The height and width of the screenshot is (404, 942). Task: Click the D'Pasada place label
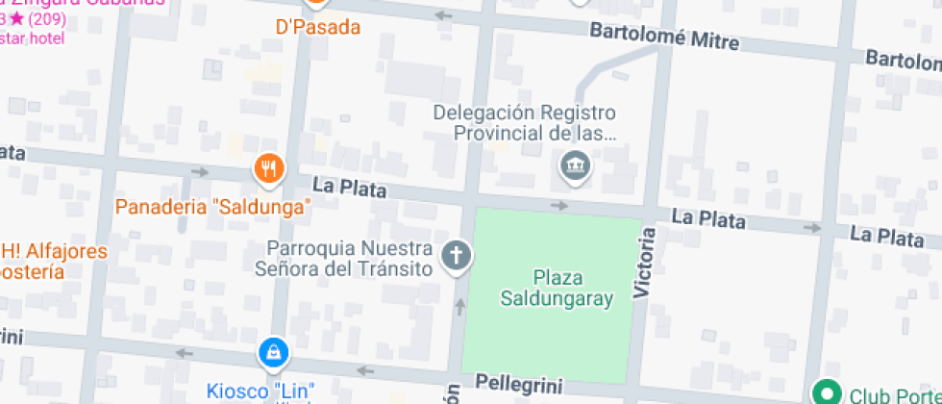coord(318,27)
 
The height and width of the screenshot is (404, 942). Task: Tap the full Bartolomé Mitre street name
coord(663,38)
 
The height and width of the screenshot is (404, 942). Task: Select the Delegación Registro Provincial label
coord(524,123)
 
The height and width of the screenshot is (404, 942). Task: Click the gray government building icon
coord(575,167)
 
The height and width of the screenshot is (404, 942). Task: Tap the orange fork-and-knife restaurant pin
coord(270,169)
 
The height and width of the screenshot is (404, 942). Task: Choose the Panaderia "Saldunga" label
coord(213,207)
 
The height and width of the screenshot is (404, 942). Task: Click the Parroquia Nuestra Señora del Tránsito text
coord(343,258)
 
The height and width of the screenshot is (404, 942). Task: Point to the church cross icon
coord(456,255)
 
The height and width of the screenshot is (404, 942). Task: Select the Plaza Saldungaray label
coord(557,289)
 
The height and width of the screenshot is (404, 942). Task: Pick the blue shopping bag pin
coord(274,353)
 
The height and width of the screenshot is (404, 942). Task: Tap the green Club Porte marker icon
coord(825,392)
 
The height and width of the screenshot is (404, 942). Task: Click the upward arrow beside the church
coord(459,307)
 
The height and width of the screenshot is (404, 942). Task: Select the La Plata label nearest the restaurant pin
coord(349,187)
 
